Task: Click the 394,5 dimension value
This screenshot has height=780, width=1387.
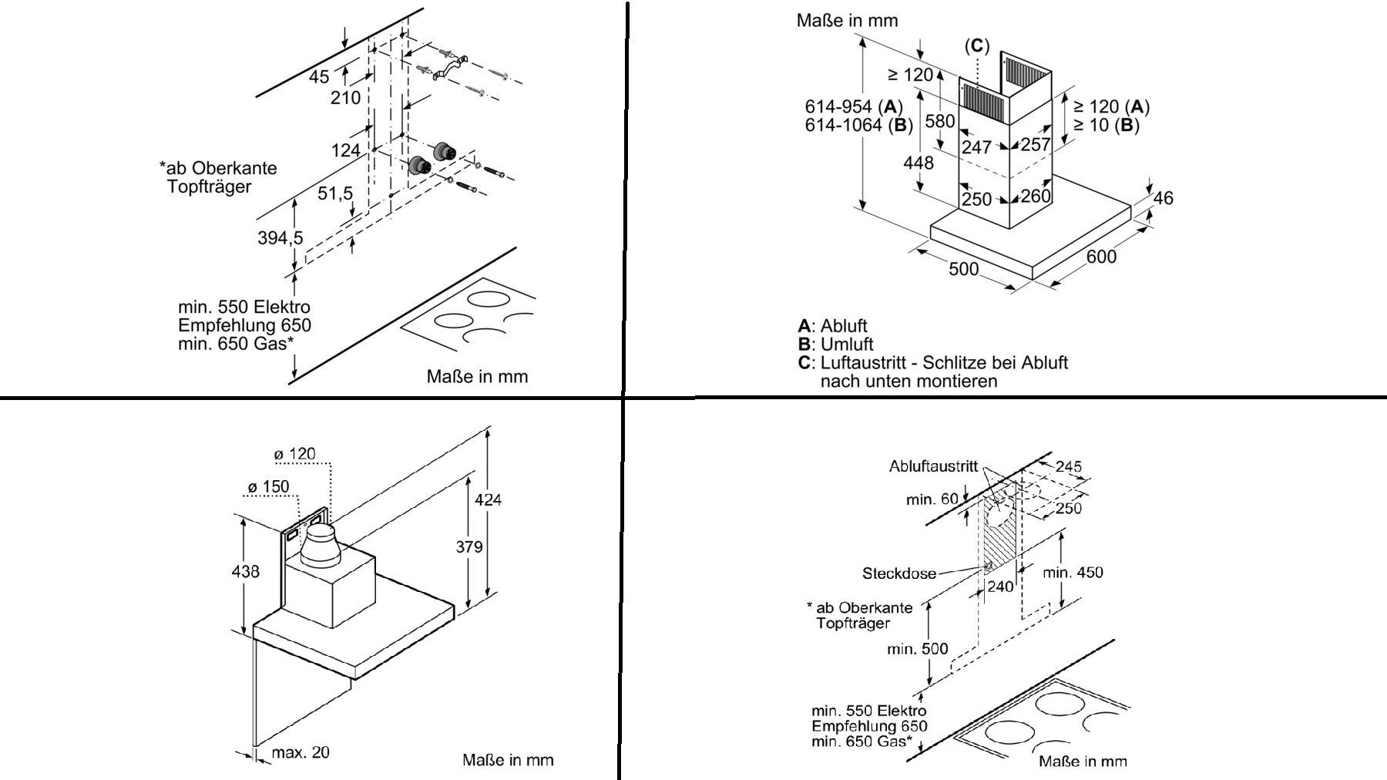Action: click(280, 238)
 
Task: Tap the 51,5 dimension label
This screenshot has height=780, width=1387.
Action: click(335, 193)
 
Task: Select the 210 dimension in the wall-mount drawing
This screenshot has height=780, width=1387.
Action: click(345, 98)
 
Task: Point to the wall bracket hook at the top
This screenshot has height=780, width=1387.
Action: click(449, 67)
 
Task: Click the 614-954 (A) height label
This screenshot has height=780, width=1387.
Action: click(853, 106)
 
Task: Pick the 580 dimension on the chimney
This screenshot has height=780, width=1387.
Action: click(939, 121)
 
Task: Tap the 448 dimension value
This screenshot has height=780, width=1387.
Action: click(918, 163)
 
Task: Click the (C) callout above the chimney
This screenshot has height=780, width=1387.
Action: click(977, 46)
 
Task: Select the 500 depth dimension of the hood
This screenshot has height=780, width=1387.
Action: click(963, 268)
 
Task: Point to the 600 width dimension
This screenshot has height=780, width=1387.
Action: click(1100, 256)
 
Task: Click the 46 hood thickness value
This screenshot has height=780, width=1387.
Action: click(1163, 198)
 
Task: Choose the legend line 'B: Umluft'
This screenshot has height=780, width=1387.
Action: click(835, 344)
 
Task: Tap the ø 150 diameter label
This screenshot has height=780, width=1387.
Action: click(268, 486)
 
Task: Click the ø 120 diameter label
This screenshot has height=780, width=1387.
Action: click(294, 454)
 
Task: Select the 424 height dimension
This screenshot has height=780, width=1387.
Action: click(488, 499)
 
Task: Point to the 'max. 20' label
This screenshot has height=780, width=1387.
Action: click(301, 751)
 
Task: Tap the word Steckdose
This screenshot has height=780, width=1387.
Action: click(898, 573)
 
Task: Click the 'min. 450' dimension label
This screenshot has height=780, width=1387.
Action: click(1073, 572)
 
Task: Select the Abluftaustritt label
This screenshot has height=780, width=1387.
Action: click(933, 466)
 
